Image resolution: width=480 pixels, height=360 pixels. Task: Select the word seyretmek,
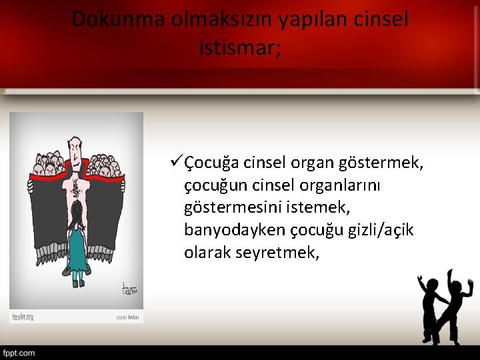click(278, 253)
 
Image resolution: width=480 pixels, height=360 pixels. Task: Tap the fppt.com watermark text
click(19, 353)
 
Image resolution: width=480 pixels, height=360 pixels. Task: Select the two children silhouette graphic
click(443, 305)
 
